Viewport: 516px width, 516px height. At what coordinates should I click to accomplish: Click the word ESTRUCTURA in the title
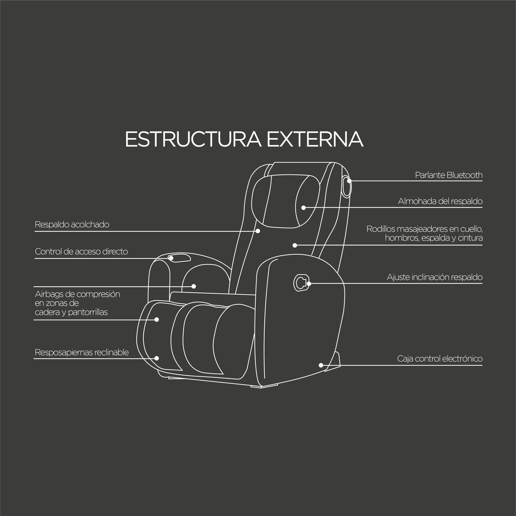coord(193,139)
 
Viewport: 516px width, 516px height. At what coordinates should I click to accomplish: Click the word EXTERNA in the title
coord(315,139)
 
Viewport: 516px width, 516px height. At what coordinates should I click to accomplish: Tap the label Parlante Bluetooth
coord(449,175)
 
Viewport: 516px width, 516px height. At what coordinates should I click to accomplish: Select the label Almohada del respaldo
coord(440,201)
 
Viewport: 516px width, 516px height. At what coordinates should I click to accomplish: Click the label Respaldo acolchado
coord(72,225)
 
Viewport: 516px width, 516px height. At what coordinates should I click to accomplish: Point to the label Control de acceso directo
coord(81,251)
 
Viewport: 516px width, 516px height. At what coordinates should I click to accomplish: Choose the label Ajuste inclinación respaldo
coord(435,277)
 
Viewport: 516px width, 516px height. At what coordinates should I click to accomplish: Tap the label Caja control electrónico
coord(440,358)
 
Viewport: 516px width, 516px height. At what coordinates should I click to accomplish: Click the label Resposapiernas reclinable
coord(82,353)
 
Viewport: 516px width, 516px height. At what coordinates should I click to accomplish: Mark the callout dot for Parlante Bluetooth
coord(349,181)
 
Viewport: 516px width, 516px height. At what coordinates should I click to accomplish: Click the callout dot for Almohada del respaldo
coord(303,208)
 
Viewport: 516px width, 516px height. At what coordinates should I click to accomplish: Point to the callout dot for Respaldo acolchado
coord(258,231)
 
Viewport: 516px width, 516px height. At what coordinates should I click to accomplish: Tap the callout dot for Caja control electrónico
coord(321,365)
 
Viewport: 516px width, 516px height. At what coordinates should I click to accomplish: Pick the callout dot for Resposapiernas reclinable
coord(157,358)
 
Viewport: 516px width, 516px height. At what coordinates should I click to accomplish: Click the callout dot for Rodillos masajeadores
coord(295,245)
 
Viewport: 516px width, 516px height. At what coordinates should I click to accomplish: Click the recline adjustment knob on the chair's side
coord(301,283)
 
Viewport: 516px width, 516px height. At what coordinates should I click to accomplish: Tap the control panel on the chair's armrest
coord(179,258)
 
